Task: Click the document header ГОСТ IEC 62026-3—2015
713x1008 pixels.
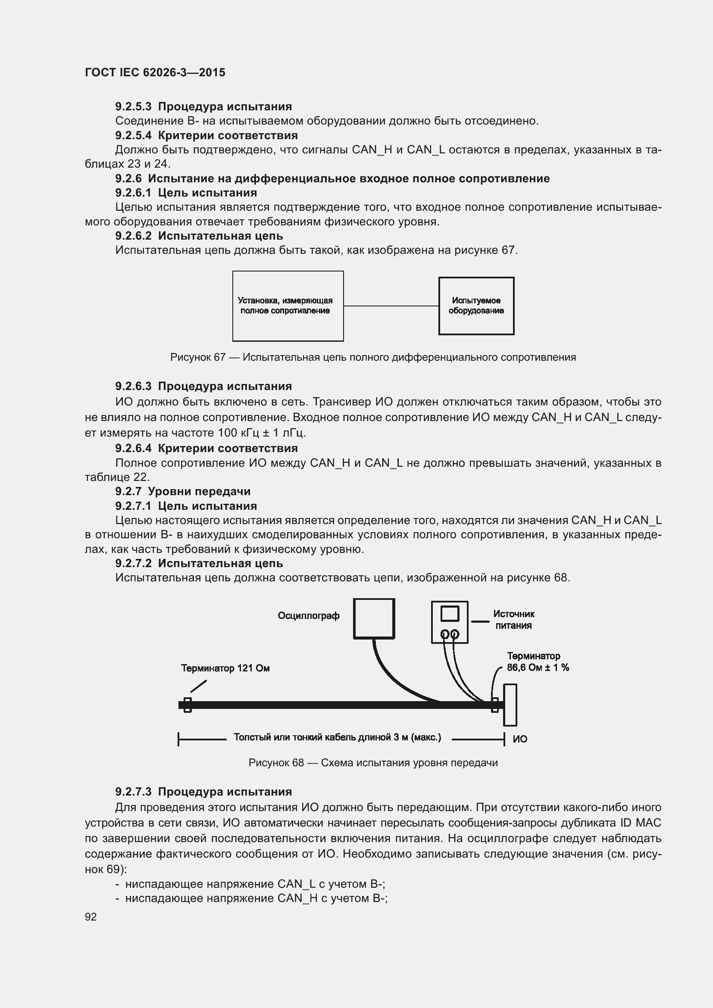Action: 155,72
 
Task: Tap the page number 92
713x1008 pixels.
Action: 91,917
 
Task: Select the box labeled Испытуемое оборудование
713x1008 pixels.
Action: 476,306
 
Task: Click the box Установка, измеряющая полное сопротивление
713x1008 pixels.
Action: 288,306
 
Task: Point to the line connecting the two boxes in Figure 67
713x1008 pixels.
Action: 391,306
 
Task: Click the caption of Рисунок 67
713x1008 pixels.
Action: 373,357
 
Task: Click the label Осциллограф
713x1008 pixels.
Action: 308,615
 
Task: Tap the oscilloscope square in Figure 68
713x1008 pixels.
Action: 374,618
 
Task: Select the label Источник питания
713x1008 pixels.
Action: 513,619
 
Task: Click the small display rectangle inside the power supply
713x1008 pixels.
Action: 450,613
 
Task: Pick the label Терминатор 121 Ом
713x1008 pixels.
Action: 225,668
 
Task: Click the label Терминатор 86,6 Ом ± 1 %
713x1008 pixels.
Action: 538,662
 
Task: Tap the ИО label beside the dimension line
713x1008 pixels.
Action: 520,740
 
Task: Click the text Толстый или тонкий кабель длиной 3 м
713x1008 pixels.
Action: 337,737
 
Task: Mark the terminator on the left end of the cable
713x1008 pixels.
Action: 188,705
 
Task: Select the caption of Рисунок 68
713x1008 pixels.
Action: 373,763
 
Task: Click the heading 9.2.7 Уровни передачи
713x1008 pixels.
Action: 183,491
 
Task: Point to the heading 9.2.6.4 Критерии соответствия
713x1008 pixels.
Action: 206,448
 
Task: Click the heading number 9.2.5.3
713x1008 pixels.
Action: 134,107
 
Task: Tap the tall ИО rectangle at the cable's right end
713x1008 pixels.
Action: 510,705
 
